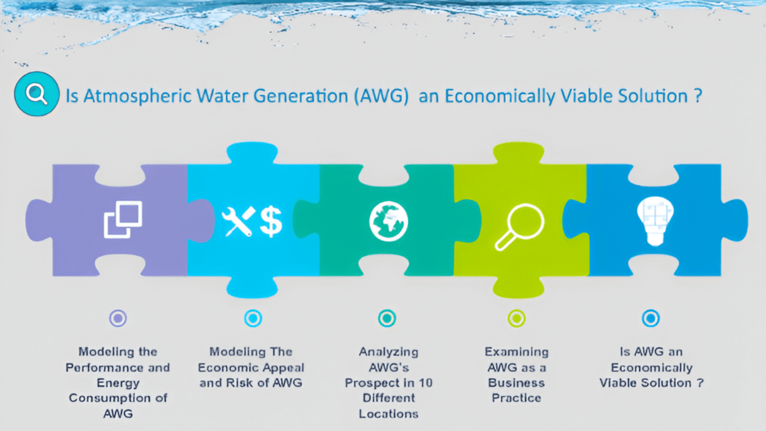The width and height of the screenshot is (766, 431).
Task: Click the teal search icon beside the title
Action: tap(37, 94)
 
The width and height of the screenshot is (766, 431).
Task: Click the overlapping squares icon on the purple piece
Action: tap(123, 220)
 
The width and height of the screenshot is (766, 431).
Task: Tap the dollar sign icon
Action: tap(271, 221)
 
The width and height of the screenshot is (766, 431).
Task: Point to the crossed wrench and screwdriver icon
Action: tap(238, 221)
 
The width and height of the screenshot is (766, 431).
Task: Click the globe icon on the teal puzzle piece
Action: tap(388, 221)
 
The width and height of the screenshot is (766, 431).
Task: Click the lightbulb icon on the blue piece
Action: tap(655, 221)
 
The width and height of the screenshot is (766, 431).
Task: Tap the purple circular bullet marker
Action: tap(118, 318)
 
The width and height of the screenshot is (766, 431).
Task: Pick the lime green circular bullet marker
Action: tap(516, 318)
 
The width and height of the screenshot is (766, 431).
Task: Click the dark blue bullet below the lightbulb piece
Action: tap(651, 318)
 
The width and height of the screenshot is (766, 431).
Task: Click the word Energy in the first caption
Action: tap(118, 384)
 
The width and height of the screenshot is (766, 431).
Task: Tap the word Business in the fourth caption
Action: tap(516, 383)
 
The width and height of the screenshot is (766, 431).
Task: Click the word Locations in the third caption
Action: tap(388, 414)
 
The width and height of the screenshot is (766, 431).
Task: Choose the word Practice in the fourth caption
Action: tap(516, 398)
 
